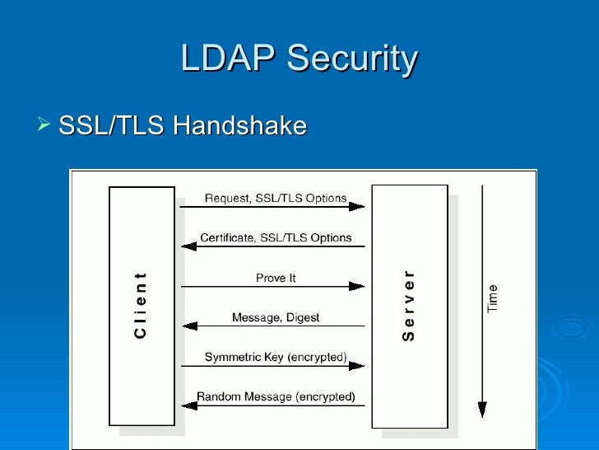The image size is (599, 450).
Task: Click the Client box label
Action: (x=141, y=305)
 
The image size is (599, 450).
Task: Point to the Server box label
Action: (x=409, y=305)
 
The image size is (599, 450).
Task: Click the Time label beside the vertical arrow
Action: (x=493, y=298)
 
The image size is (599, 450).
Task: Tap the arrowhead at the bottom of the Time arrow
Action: (x=482, y=410)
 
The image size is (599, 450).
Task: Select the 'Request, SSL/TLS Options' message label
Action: (x=275, y=199)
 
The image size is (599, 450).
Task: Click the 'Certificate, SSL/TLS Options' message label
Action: (x=276, y=238)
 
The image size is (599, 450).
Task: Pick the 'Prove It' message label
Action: (x=276, y=279)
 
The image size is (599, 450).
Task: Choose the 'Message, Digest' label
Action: (x=276, y=317)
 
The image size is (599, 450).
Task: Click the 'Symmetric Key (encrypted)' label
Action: (x=276, y=358)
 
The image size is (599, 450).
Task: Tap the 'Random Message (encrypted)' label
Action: (x=276, y=397)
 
